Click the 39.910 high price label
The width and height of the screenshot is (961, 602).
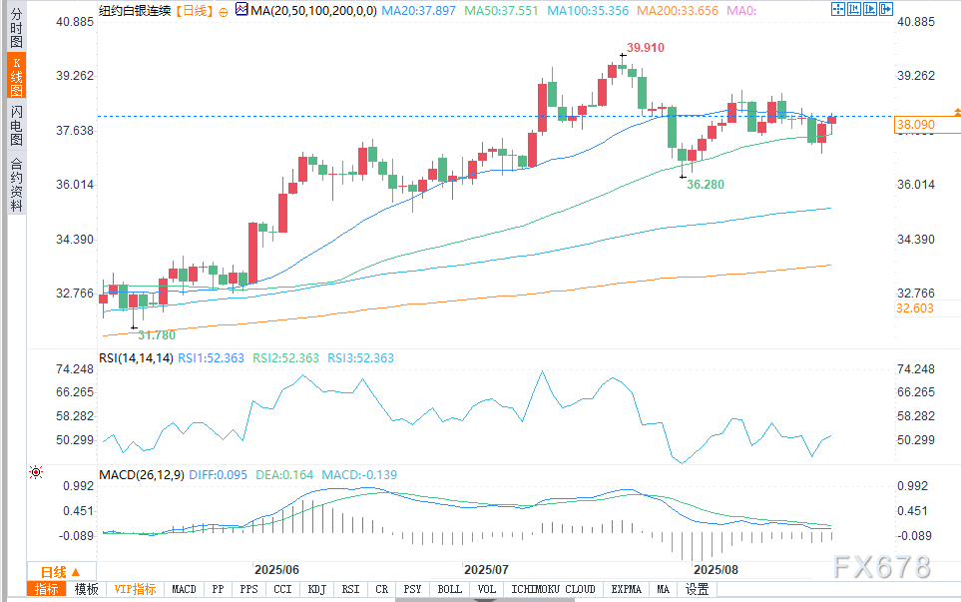(646, 48)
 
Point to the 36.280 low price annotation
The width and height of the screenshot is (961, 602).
(706, 186)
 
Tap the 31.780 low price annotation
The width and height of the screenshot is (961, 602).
(157, 334)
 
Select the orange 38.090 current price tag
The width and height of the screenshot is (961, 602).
(915, 125)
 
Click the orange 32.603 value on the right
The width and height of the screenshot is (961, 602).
(915, 309)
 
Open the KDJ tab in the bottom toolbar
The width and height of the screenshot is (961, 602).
(316, 589)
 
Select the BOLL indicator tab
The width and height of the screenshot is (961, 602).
(450, 589)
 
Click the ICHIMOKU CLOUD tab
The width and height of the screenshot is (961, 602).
(555, 589)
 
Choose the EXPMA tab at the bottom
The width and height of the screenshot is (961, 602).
(628, 589)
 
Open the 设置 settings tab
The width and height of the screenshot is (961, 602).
(696, 589)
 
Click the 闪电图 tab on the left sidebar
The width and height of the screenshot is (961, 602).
(16, 125)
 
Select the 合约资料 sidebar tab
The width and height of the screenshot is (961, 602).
(16, 184)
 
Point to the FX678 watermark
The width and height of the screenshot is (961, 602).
(882, 566)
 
